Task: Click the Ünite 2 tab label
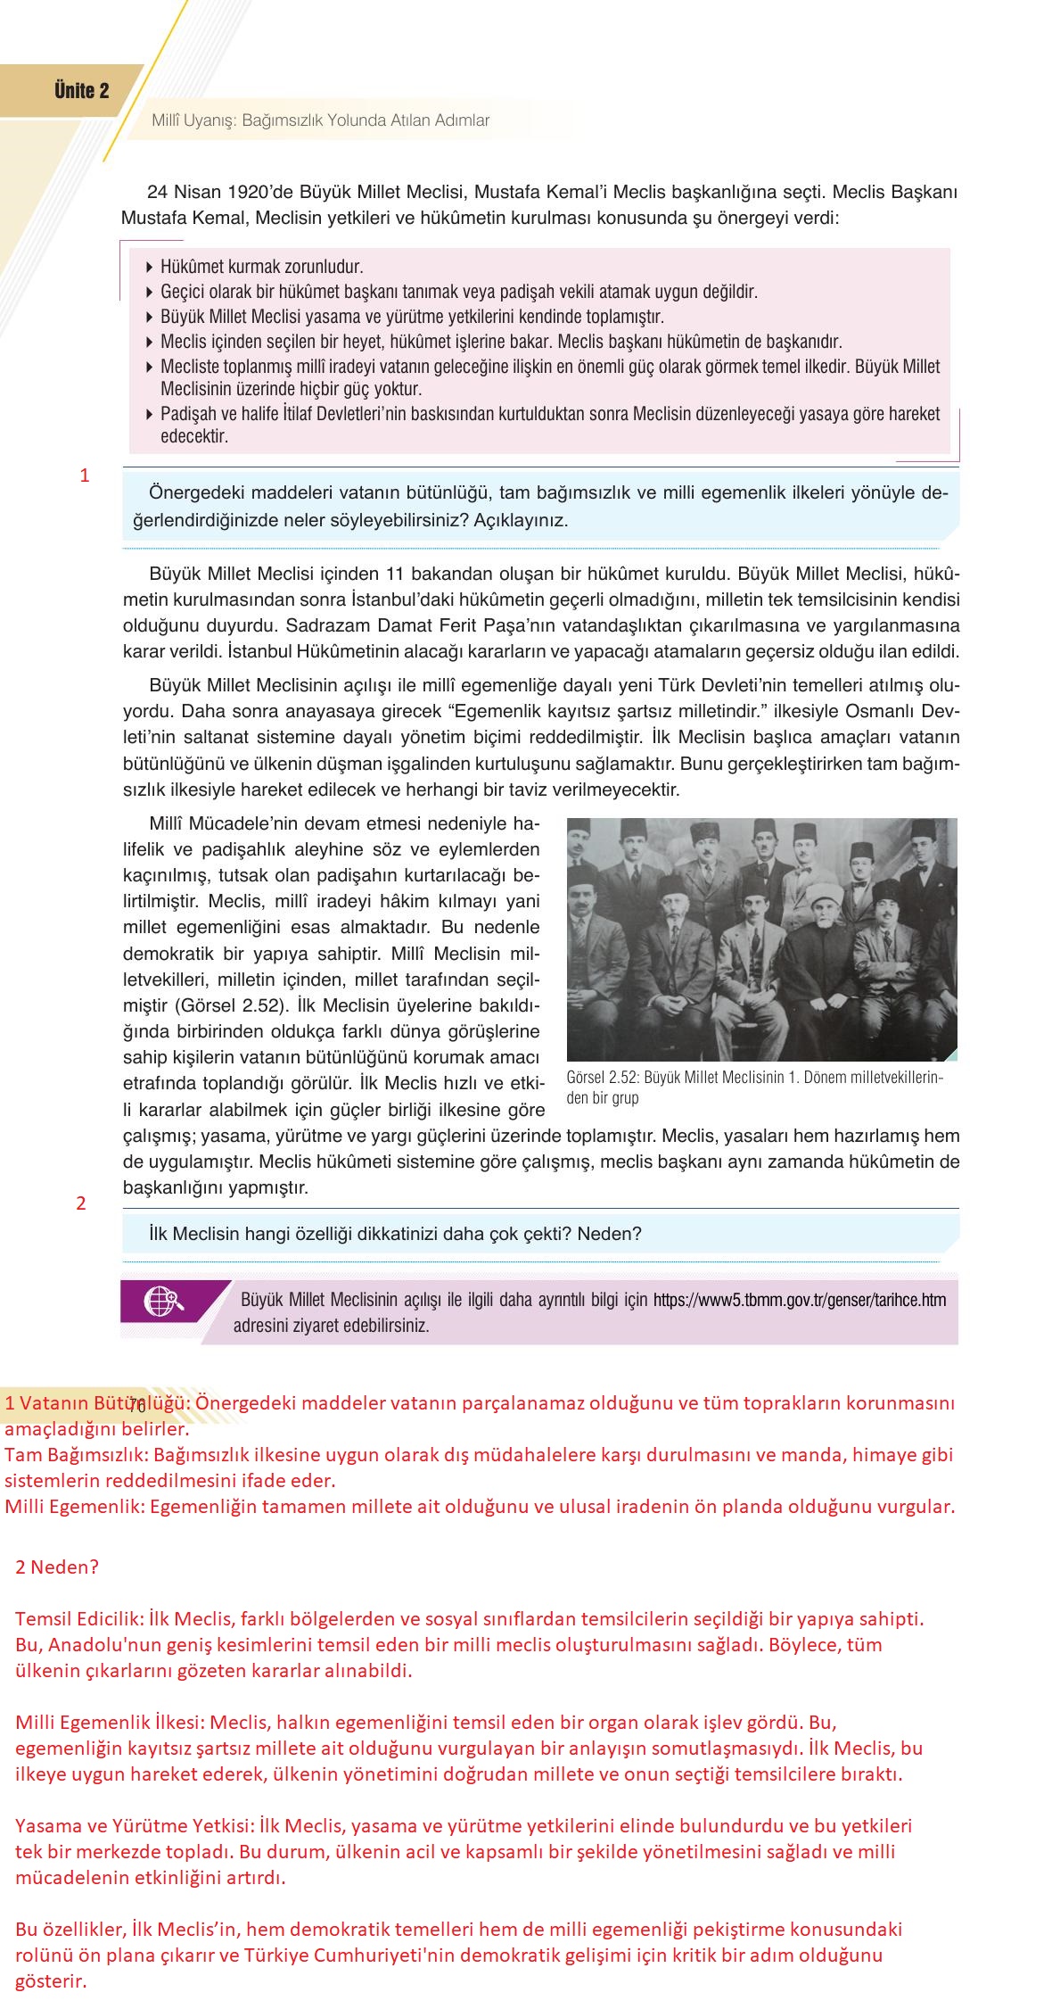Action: click(81, 90)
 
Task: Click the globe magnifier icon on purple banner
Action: click(163, 1300)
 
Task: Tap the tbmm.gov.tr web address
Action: click(800, 1300)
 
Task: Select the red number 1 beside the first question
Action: click(85, 475)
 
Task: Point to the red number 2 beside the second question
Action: click(81, 1203)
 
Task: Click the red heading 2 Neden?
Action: click(56, 1566)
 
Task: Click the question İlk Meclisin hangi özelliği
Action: click(396, 1234)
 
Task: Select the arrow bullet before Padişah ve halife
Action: click(149, 414)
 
